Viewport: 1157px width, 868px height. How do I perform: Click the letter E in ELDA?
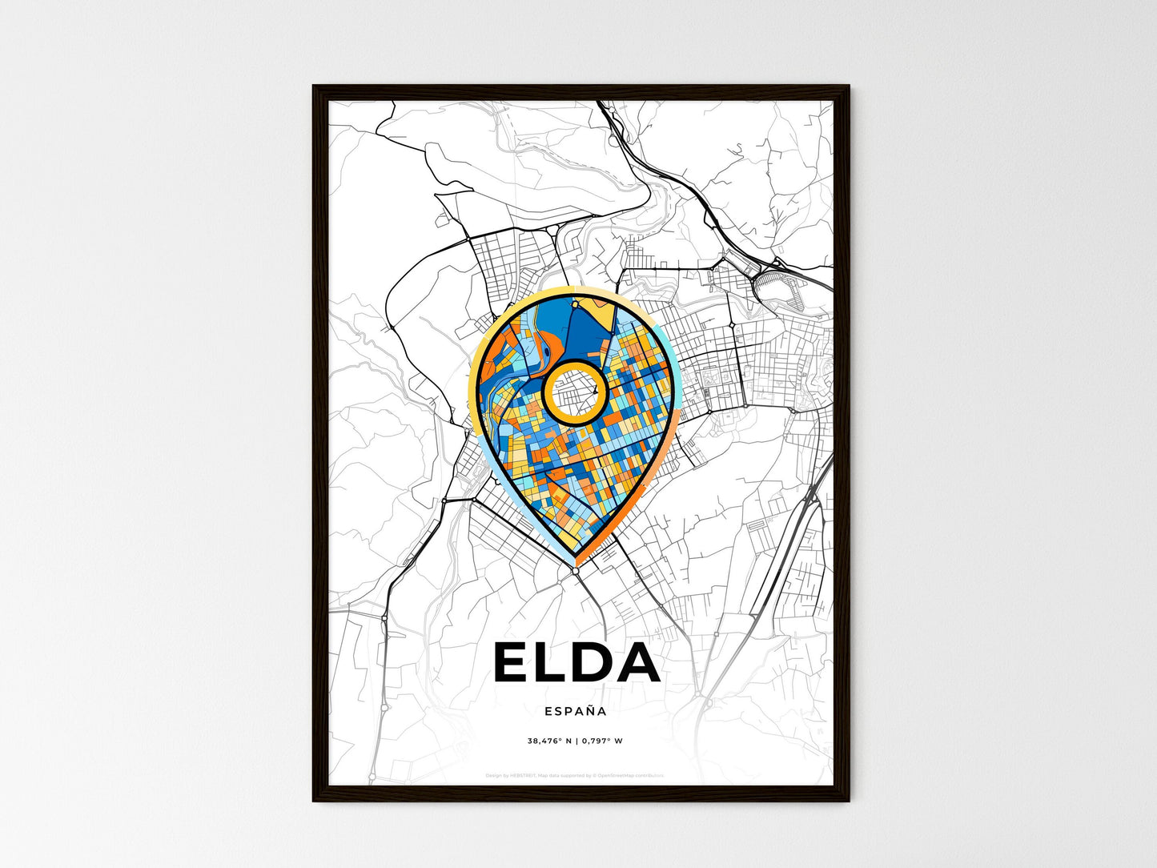(x=512, y=662)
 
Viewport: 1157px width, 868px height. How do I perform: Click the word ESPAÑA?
(x=575, y=710)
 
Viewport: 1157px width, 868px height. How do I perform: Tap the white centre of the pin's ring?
(x=574, y=392)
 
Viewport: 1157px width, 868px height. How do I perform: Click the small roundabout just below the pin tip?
(x=576, y=569)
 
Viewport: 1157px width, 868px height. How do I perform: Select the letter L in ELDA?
(x=551, y=662)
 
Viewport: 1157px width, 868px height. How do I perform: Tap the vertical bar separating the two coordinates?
(x=576, y=741)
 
